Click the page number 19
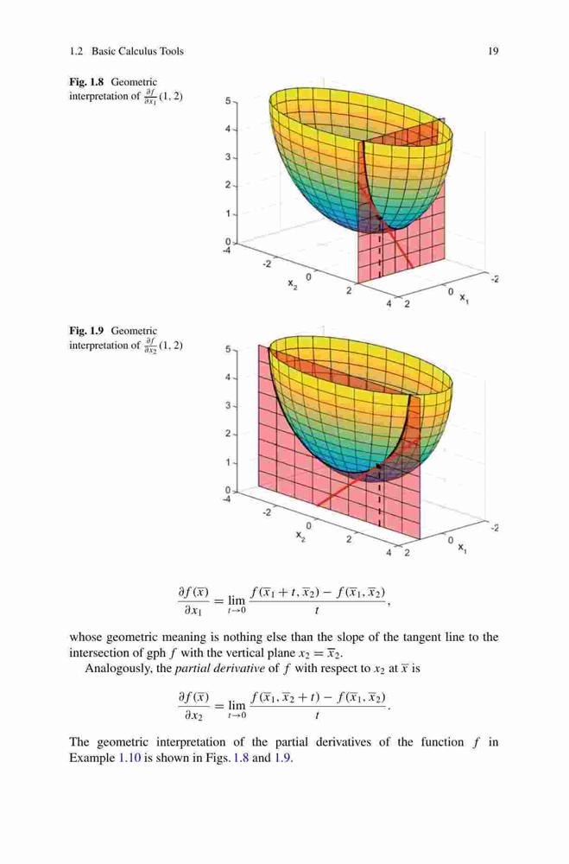click(x=493, y=51)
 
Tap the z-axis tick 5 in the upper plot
click(x=227, y=101)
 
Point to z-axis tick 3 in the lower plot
click(x=227, y=406)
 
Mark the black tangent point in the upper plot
click(x=378, y=219)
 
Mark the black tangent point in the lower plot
click(x=378, y=467)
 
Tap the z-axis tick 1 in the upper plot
click(x=227, y=213)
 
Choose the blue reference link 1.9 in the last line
click(x=282, y=758)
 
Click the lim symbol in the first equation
click(x=237, y=599)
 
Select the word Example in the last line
click(x=92, y=759)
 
